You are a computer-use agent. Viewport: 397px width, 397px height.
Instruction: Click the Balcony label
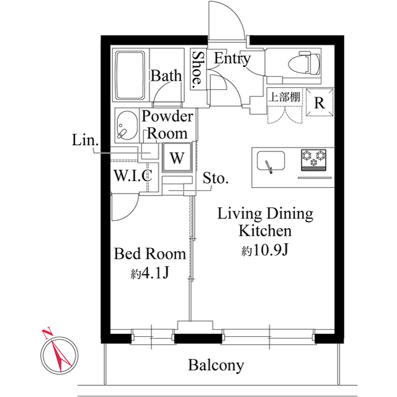pos(216,365)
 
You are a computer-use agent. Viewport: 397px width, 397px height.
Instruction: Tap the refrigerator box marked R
pos(319,102)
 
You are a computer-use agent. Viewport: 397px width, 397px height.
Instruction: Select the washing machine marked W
pos(177,158)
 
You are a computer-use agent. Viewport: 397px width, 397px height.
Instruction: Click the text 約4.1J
pos(149,273)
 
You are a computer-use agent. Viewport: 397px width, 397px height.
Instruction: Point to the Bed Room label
pos(149,254)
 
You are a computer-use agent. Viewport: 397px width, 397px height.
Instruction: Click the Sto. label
pos(216,179)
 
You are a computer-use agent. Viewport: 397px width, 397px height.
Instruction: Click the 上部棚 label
pos(284,97)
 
